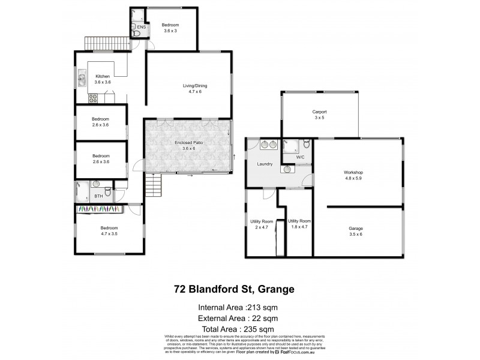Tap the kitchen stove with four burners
[x=93, y=97]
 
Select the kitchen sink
[x=80, y=78]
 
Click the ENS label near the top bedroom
[x=141, y=28]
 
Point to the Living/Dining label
[x=195, y=86]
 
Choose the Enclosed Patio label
[x=187, y=143]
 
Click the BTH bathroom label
[x=98, y=196]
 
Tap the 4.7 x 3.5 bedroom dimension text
[x=109, y=234]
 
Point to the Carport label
[x=319, y=112]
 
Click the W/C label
[x=301, y=157]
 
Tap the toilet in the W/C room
[x=306, y=144]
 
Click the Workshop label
[x=353, y=173]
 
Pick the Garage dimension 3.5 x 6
[x=356, y=235]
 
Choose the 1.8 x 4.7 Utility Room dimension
[x=300, y=227]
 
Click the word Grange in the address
[x=274, y=289]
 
